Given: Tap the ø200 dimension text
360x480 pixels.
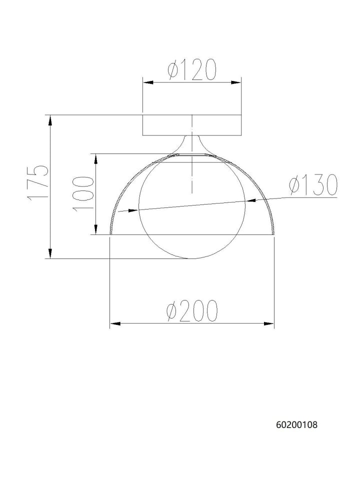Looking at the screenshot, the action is pyautogui.click(x=192, y=310).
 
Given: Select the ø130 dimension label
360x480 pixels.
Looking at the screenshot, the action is pyautogui.click(x=313, y=185).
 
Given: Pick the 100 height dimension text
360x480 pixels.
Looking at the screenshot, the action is pyautogui.click(x=82, y=193).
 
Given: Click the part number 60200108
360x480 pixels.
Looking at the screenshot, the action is pyautogui.click(x=297, y=424).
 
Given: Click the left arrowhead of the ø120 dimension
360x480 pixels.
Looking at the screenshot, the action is pyautogui.click(x=148, y=82).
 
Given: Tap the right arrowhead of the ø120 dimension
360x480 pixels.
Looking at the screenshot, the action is pyautogui.click(x=236, y=82).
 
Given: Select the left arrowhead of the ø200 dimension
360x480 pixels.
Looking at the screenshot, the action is pyautogui.click(x=115, y=323).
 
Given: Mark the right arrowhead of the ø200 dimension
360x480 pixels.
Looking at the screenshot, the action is pyautogui.click(x=269, y=323).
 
